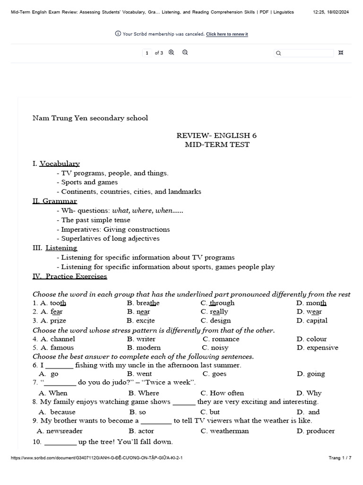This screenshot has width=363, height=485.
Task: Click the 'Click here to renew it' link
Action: coord(227,34)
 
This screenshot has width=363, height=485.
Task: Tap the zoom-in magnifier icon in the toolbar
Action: coord(171,53)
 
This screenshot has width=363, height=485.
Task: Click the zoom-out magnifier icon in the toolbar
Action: coord(185,53)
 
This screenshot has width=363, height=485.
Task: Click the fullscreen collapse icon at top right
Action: coord(341,53)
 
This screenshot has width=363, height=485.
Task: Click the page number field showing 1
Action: coord(147,53)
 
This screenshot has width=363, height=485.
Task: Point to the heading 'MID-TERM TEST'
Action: coord(217,144)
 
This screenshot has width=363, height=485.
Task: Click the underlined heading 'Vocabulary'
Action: coord(60,163)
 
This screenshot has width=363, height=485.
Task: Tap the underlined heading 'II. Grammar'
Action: coord(55,201)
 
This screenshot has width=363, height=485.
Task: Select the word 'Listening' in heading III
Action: coord(61,248)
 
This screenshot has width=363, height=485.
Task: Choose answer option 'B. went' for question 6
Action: coord(139,374)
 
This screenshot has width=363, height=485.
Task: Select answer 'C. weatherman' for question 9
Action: coord(225,431)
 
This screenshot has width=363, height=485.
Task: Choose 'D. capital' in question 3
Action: coord(311,320)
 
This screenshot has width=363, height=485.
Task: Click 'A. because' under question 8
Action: coord(57,412)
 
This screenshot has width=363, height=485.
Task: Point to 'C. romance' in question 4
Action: coord(221,339)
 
